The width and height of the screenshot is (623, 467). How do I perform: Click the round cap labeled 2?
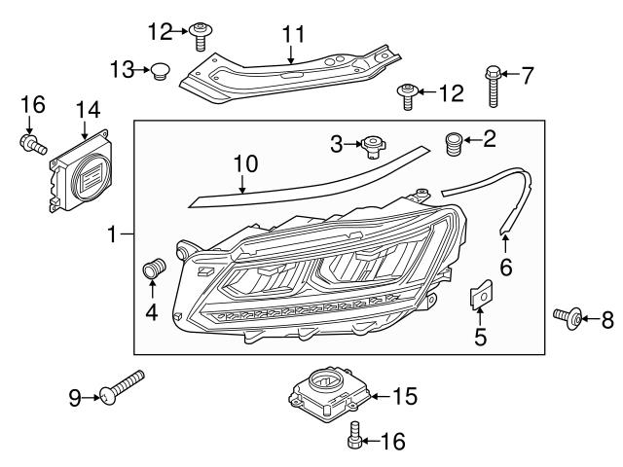tap(454, 141)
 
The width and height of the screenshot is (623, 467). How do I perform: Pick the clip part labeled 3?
tap(371, 147)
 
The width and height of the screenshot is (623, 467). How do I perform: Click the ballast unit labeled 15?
tap(329, 392)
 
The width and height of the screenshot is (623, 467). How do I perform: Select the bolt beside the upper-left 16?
tap(31, 145)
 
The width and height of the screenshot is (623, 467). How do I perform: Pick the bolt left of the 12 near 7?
tap(407, 95)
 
